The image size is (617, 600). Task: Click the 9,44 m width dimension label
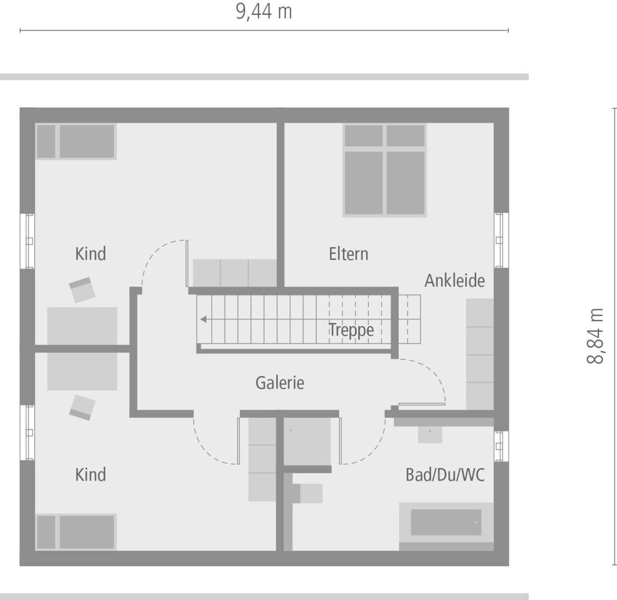click(x=264, y=11)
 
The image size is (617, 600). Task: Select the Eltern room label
click(x=349, y=254)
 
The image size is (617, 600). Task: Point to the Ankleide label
click(x=455, y=280)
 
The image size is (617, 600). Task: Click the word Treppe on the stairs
click(x=351, y=330)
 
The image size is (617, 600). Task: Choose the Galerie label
click(x=280, y=383)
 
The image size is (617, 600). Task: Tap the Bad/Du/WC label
click(x=445, y=475)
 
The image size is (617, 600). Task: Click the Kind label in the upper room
click(x=91, y=254)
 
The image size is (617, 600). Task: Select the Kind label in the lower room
click(x=91, y=475)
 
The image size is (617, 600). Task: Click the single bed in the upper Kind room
click(x=76, y=142)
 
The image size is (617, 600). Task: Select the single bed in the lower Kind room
click(x=76, y=532)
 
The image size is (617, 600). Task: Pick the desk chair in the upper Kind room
click(x=82, y=289)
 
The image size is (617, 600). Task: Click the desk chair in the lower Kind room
click(x=82, y=407)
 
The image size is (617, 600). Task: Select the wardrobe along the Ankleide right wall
click(x=480, y=354)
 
